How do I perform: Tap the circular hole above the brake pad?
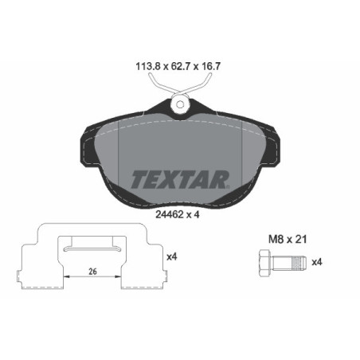pyautogui.click(x=180, y=104)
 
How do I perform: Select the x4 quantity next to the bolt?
pyautogui.click(x=316, y=261)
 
